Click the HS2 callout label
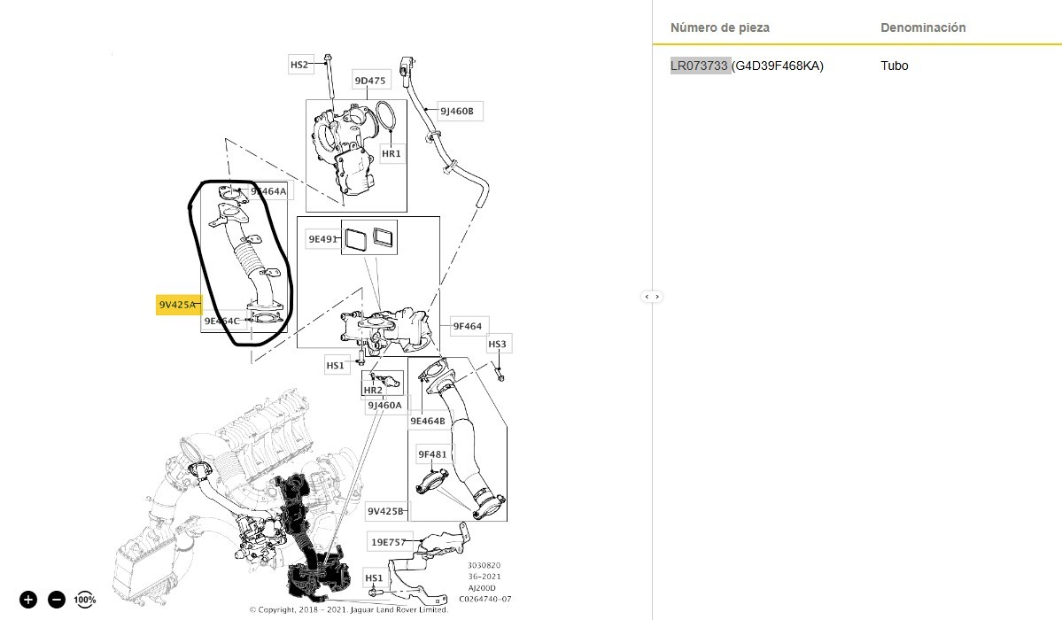coord(299,65)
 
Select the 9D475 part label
coord(370,81)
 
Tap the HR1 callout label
coord(391,153)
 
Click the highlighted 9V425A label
coord(178,306)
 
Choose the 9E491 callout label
coord(324,239)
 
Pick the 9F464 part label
coord(467,326)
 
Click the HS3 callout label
coord(498,344)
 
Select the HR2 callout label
coord(373,390)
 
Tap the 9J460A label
coord(385,406)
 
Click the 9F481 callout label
coord(433,455)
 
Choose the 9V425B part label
coord(386,511)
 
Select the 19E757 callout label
coord(388,541)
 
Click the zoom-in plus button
coord(28,600)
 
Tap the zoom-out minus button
coord(57,600)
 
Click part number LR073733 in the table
coord(700,66)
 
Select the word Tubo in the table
coord(895,66)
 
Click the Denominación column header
coord(923,27)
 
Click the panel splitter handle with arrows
coord(652,296)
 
